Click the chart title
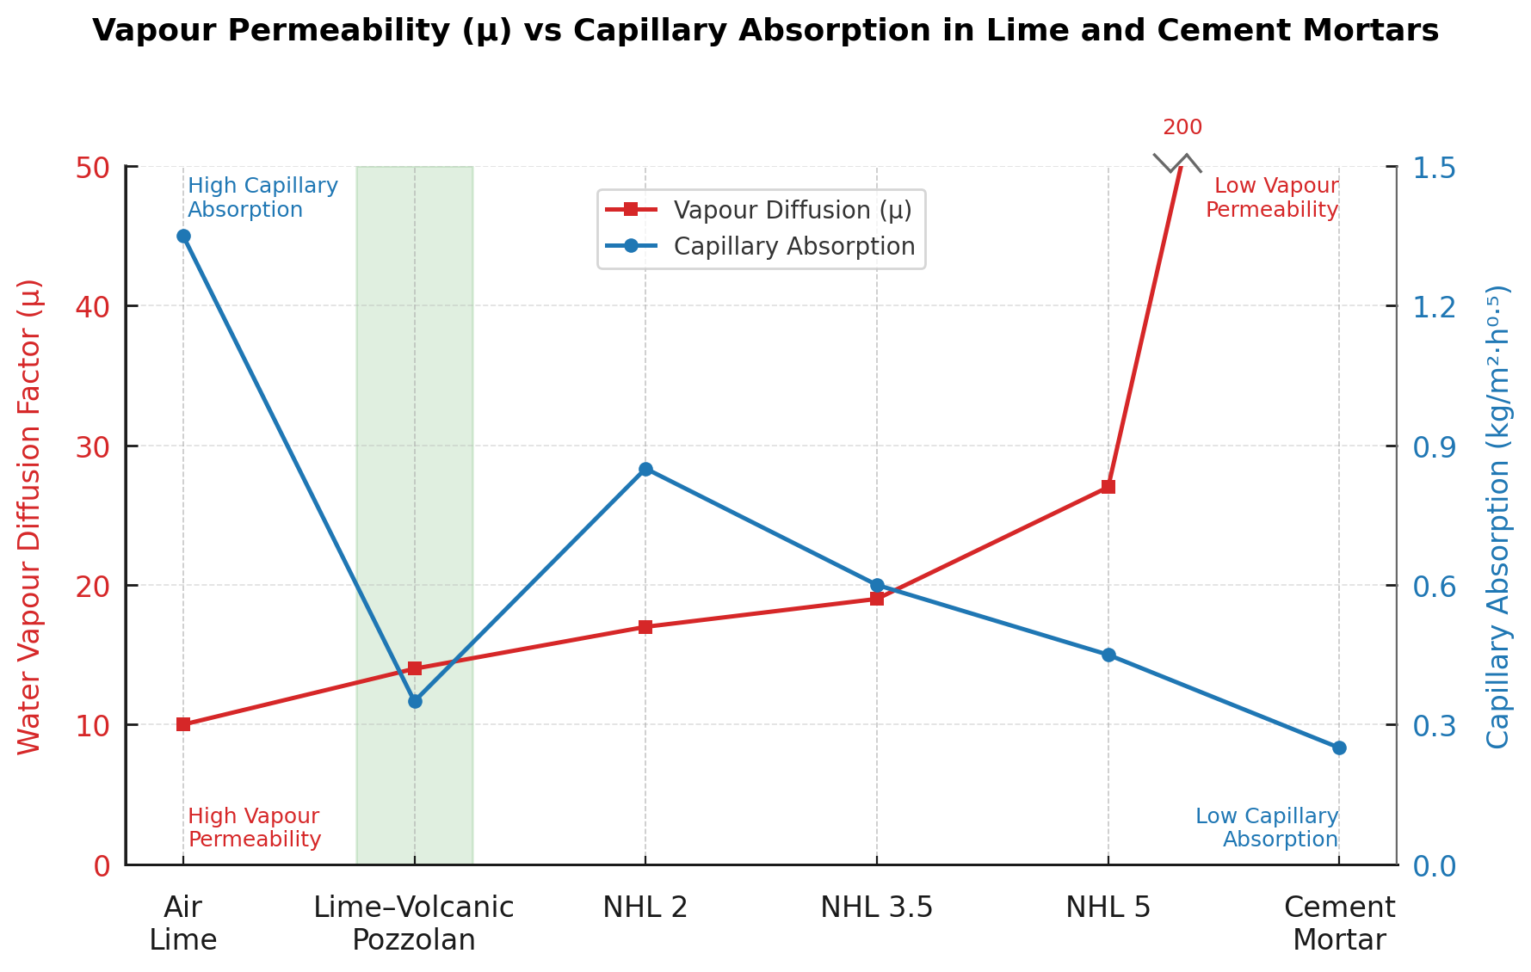tap(765, 31)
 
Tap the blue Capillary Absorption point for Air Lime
tap(183, 237)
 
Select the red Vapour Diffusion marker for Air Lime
tap(183, 724)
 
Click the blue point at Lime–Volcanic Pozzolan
tap(415, 701)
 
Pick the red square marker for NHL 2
tap(645, 627)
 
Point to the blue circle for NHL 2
tap(645, 469)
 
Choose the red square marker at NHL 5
tap(1108, 487)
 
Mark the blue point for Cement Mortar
tap(1339, 748)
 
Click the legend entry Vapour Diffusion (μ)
tap(792, 211)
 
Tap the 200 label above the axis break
tap(1182, 128)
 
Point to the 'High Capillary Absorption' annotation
tap(262, 198)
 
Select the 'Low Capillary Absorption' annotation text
tap(1267, 827)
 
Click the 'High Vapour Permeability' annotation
tap(254, 827)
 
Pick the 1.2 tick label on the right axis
tap(1435, 306)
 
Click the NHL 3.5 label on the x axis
tap(877, 907)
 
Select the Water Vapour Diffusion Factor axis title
tap(30, 516)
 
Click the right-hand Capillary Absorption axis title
tap(1498, 516)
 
